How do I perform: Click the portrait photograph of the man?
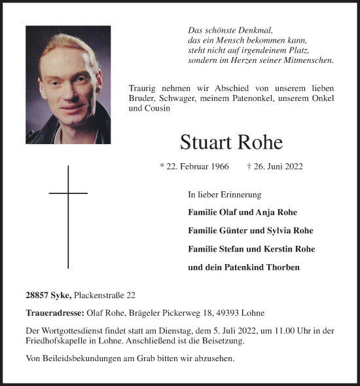(67, 85)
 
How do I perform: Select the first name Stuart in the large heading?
(204, 142)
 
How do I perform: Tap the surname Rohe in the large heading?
(262, 142)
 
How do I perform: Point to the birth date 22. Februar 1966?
(194, 167)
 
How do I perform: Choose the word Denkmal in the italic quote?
(256, 30)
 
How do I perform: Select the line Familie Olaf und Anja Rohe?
(242, 212)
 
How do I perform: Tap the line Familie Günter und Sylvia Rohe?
(250, 231)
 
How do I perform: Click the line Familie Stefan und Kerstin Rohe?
(251, 249)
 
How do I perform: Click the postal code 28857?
(39, 296)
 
